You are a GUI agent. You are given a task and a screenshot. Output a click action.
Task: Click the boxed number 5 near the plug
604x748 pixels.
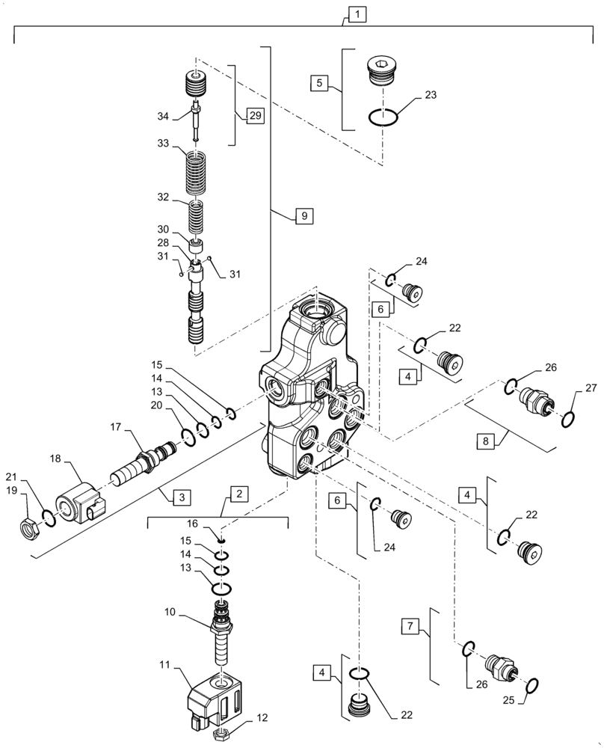coord(320,83)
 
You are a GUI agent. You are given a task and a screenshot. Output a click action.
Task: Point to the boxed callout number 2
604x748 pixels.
coord(239,494)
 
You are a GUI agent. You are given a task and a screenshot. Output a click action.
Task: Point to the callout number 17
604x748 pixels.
coord(117,428)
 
